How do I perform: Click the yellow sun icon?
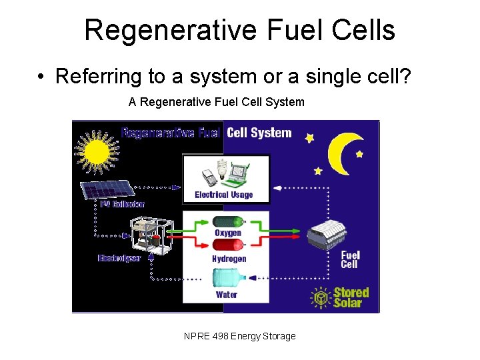pyautogui.click(x=97, y=149)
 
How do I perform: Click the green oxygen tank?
pyautogui.click(x=227, y=221)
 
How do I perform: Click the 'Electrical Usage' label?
pyautogui.click(x=224, y=195)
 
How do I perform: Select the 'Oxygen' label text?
pyautogui.click(x=228, y=233)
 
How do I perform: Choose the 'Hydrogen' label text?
pyautogui.click(x=229, y=259)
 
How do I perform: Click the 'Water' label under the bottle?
pyautogui.click(x=227, y=294)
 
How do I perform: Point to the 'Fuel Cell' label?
pyautogui.click(x=350, y=259)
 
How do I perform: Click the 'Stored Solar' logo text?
pyautogui.click(x=351, y=297)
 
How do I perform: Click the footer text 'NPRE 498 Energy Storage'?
pyautogui.click(x=239, y=336)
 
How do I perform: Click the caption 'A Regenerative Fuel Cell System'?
pyautogui.click(x=216, y=102)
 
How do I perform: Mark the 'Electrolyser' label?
pyautogui.click(x=119, y=258)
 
